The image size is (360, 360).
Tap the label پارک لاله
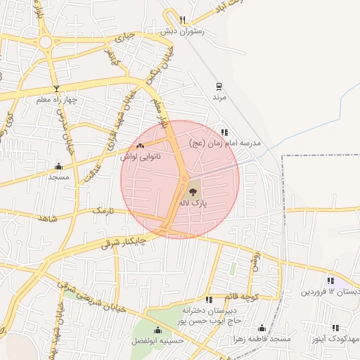193,202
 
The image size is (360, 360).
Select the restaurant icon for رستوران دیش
183,20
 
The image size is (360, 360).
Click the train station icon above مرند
219,86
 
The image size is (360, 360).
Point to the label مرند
220,97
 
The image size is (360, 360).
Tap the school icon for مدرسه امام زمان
224,132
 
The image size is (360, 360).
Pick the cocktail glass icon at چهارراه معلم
56,89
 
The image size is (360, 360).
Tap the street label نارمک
102,210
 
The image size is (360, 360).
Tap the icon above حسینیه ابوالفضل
157,330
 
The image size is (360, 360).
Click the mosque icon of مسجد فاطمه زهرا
262,328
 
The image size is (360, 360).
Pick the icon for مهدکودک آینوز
335,328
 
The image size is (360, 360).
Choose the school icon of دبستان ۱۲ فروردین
330,281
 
